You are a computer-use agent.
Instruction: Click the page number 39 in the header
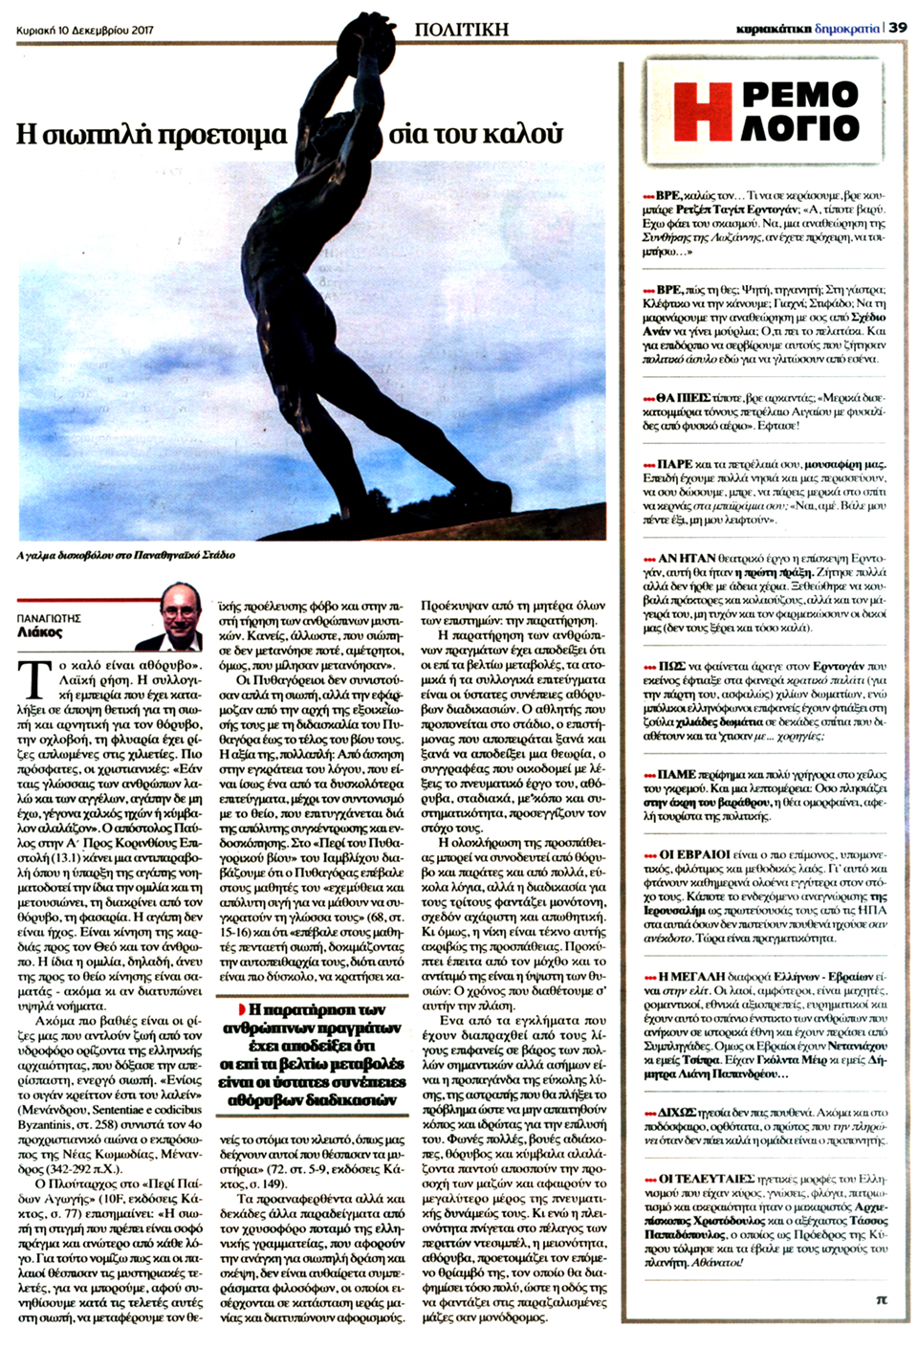(898, 29)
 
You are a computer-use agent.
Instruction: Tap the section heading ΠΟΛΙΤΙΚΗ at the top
(461, 29)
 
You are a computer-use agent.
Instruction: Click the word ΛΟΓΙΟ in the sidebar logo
(800, 126)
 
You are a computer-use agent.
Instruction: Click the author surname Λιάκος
(39, 632)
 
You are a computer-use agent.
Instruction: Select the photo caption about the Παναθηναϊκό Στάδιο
(125, 555)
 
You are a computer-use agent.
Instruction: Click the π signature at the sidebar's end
(882, 1299)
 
